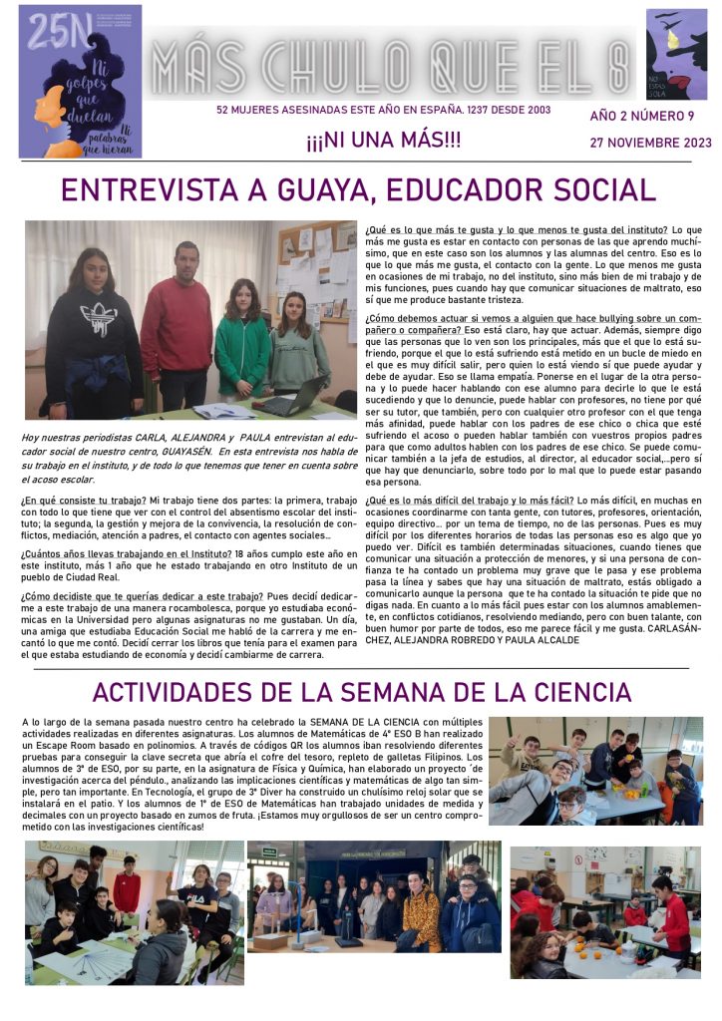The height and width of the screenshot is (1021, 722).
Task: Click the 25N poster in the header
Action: coord(80,81)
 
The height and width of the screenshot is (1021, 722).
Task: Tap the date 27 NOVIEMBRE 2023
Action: coord(650,143)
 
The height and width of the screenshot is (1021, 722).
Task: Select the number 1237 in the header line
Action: coord(456,111)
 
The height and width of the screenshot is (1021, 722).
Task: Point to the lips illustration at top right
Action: coord(676,55)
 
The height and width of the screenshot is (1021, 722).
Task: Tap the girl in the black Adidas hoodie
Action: coord(94,334)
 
